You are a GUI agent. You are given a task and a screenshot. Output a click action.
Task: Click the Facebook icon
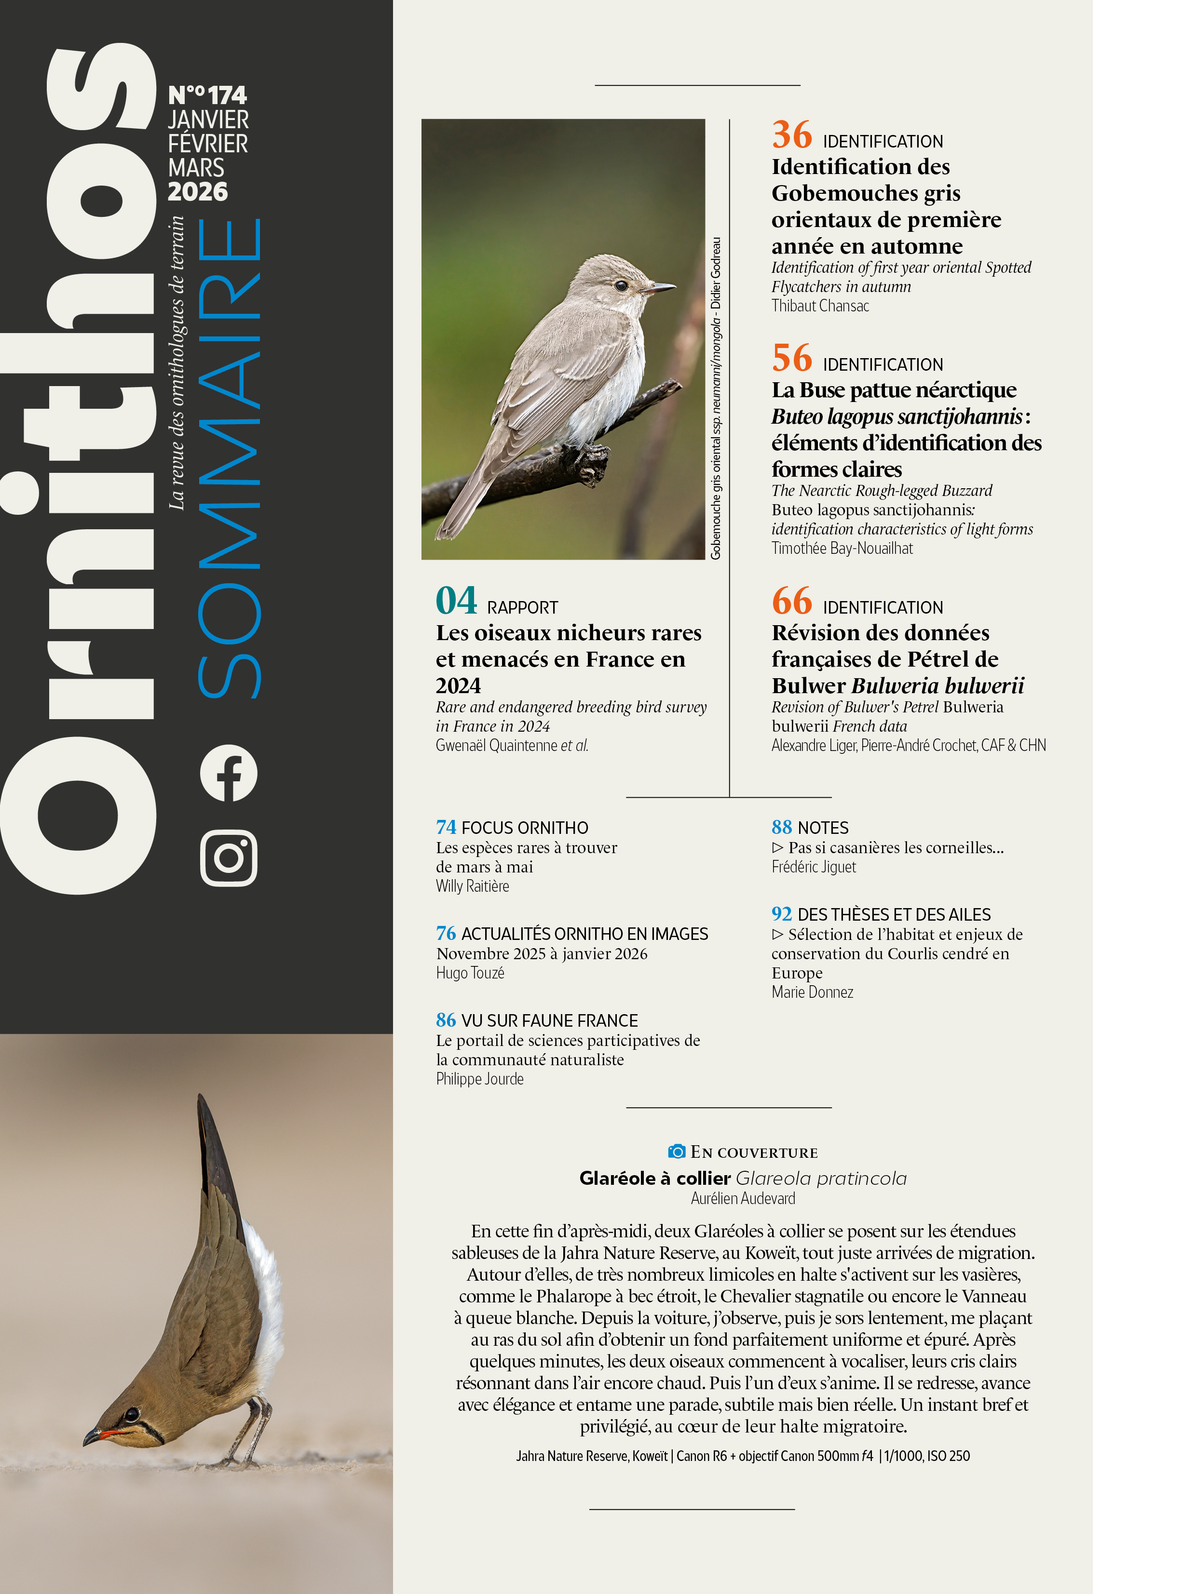(x=229, y=773)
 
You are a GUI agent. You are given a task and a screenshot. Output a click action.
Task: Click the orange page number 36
(x=791, y=135)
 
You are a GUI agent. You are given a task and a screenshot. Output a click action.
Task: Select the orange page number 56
(x=791, y=358)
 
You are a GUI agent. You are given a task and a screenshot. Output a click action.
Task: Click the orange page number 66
(x=791, y=601)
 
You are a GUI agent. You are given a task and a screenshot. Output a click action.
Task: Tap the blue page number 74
(x=446, y=827)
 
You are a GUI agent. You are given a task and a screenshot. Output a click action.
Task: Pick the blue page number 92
(x=781, y=914)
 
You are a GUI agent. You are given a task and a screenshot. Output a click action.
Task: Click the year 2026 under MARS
(x=198, y=192)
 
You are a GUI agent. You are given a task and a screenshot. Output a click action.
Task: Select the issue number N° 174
(x=208, y=95)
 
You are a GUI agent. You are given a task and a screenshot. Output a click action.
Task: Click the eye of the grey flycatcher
(x=621, y=285)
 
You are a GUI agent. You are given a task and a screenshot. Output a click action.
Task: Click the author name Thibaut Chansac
(x=820, y=306)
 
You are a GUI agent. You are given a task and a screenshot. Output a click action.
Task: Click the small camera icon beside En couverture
(x=676, y=1151)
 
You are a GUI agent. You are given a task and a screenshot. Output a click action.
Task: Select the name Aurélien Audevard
(x=743, y=1198)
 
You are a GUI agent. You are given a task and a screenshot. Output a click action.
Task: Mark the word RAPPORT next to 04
(x=522, y=607)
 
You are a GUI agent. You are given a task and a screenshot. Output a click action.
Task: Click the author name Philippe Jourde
(x=479, y=1079)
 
